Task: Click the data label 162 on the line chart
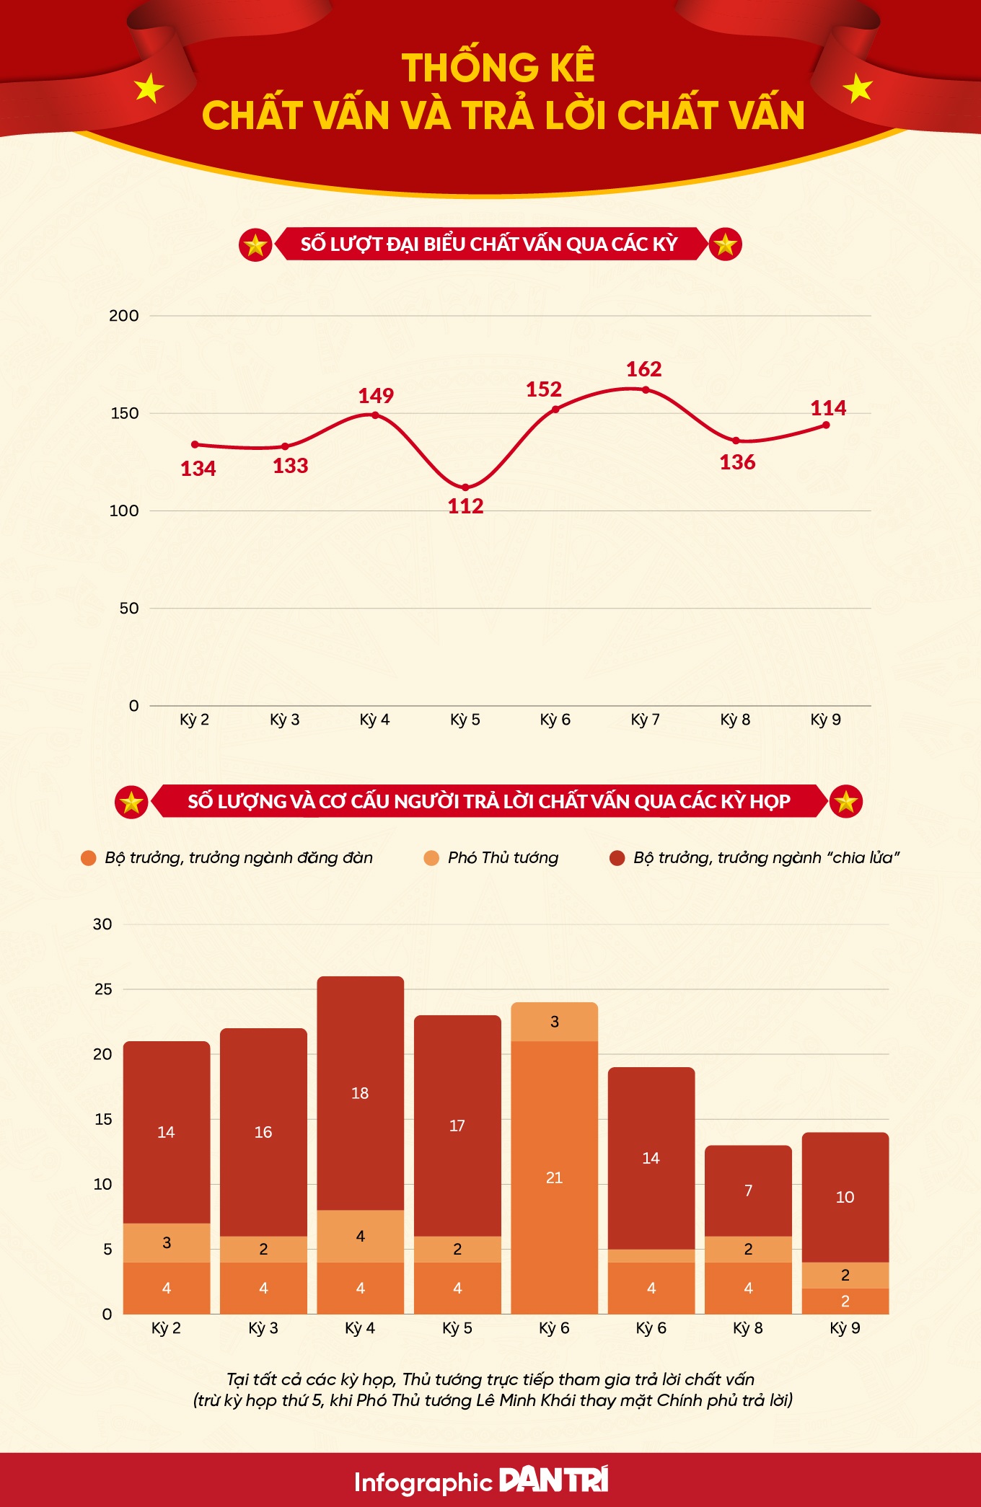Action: pyautogui.click(x=643, y=369)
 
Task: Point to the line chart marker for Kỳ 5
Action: pyautogui.click(x=465, y=488)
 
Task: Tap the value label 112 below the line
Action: pyautogui.click(x=465, y=506)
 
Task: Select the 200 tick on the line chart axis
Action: pyautogui.click(x=123, y=316)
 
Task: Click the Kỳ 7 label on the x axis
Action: pyautogui.click(x=645, y=720)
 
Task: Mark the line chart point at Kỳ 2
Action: pyautogui.click(x=195, y=445)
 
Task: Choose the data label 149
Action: pyautogui.click(x=376, y=396)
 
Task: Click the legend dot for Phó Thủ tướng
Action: pyautogui.click(x=431, y=858)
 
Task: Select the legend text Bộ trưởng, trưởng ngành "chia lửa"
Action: pyautogui.click(x=766, y=858)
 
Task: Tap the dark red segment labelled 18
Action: pyautogui.click(x=360, y=1093)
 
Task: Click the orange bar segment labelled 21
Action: pyautogui.click(x=554, y=1177)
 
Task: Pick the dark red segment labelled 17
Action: pyautogui.click(x=457, y=1126)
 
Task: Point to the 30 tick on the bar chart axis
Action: pyautogui.click(x=102, y=924)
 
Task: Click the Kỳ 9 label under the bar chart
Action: pyautogui.click(x=845, y=1328)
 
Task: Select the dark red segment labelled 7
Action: pyautogui.click(x=748, y=1190)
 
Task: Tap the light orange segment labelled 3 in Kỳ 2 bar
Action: pyautogui.click(x=167, y=1242)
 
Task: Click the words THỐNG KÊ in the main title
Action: pyautogui.click(x=498, y=68)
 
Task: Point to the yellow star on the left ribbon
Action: pyautogui.click(x=149, y=88)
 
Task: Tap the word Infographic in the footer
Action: pyautogui.click(x=423, y=1482)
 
